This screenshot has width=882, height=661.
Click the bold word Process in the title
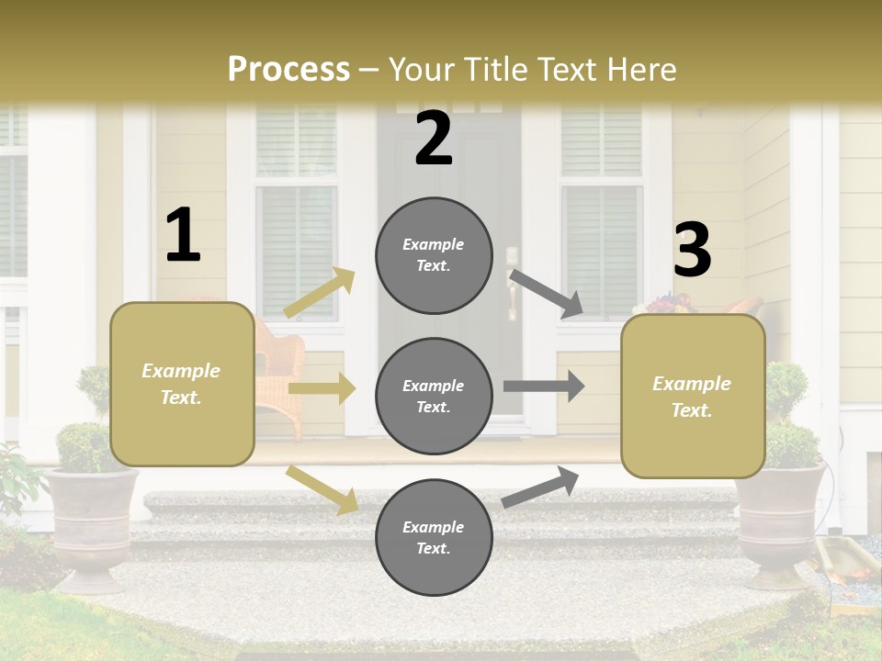pos(288,69)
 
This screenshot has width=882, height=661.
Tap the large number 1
pos(183,235)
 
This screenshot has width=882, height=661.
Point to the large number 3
pos(692,250)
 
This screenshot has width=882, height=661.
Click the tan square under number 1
pos(182,384)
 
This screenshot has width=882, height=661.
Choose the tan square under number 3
pos(693,396)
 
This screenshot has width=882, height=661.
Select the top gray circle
pos(434,255)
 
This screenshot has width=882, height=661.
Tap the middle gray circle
pos(434,396)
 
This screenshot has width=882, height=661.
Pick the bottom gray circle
pos(434,537)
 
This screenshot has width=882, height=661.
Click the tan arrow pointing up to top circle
pos(320,293)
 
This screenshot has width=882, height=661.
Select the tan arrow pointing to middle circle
pos(321,388)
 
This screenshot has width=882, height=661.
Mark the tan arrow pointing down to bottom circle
pos(322,489)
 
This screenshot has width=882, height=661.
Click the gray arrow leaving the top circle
pos(547,293)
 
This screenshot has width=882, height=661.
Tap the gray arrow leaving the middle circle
pos(544,386)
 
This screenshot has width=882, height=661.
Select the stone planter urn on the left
pos(92,523)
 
